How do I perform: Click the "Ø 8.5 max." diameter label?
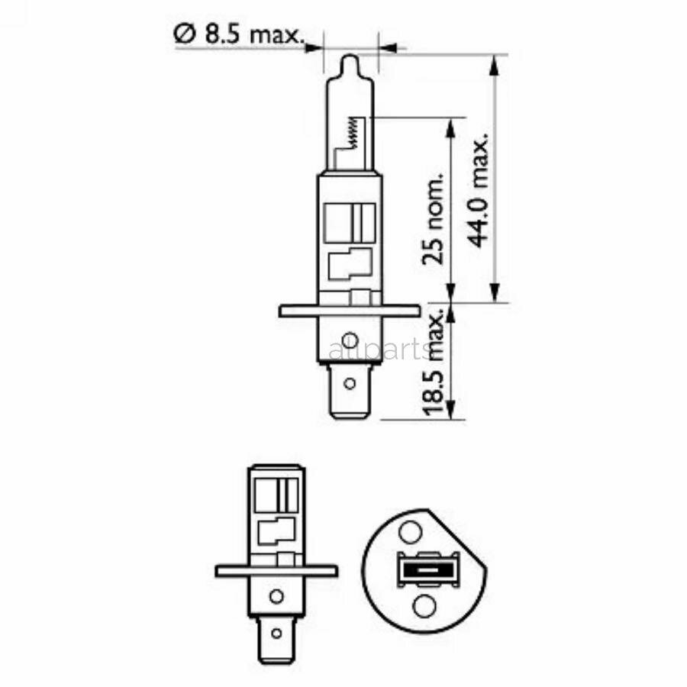tap(238, 34)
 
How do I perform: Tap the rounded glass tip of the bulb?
tap(349, 61)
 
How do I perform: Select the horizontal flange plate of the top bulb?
tap(349, 311)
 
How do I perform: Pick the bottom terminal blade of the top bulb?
tap(349, 392)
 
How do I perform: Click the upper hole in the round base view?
tap(411, 531)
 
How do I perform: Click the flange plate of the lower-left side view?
tap(276, 570)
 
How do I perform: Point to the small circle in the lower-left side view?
tap(276, 596)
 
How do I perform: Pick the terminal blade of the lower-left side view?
tap(276, 634)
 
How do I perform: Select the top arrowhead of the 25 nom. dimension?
tap(451, 127)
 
